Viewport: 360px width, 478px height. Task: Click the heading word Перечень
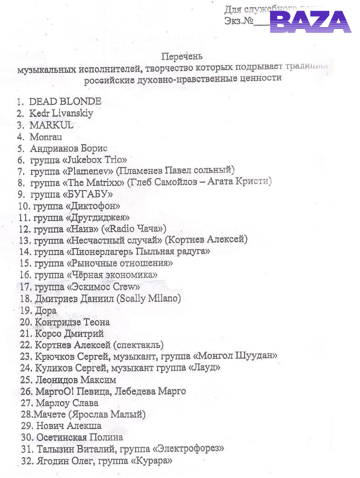point(182,56)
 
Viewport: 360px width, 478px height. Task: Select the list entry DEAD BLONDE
point(65,101)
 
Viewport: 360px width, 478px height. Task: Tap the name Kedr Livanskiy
point(61,113)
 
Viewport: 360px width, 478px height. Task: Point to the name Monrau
point(46,136)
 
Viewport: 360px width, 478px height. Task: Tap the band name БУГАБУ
point(91,194)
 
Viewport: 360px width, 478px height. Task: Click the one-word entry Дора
point(45,310)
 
